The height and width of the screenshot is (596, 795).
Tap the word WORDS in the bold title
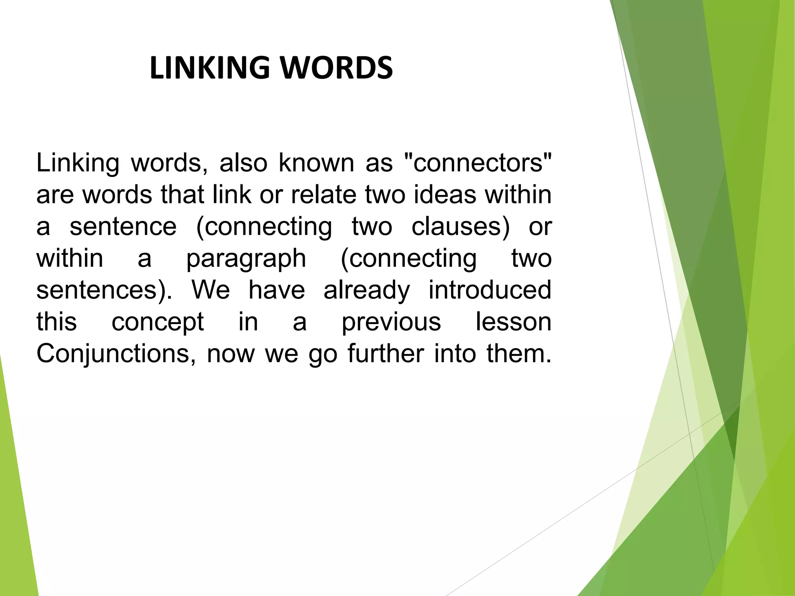(336, 68)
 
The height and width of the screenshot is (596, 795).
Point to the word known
(316, 163)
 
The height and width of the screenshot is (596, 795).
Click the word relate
(323, 195)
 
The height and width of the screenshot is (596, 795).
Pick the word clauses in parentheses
(460, 227)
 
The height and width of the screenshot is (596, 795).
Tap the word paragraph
(246, 258)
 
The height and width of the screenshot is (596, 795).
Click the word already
(366, 290)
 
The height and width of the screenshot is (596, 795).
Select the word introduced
(490, 290)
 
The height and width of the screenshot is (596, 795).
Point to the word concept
(158, 322)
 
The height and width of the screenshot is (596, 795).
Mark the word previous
(391, 322)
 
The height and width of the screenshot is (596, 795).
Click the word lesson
(514, 322)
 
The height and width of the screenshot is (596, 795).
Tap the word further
(385, 354)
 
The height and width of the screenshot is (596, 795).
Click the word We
(211, 290)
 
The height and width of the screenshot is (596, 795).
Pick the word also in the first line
(243, 163)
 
